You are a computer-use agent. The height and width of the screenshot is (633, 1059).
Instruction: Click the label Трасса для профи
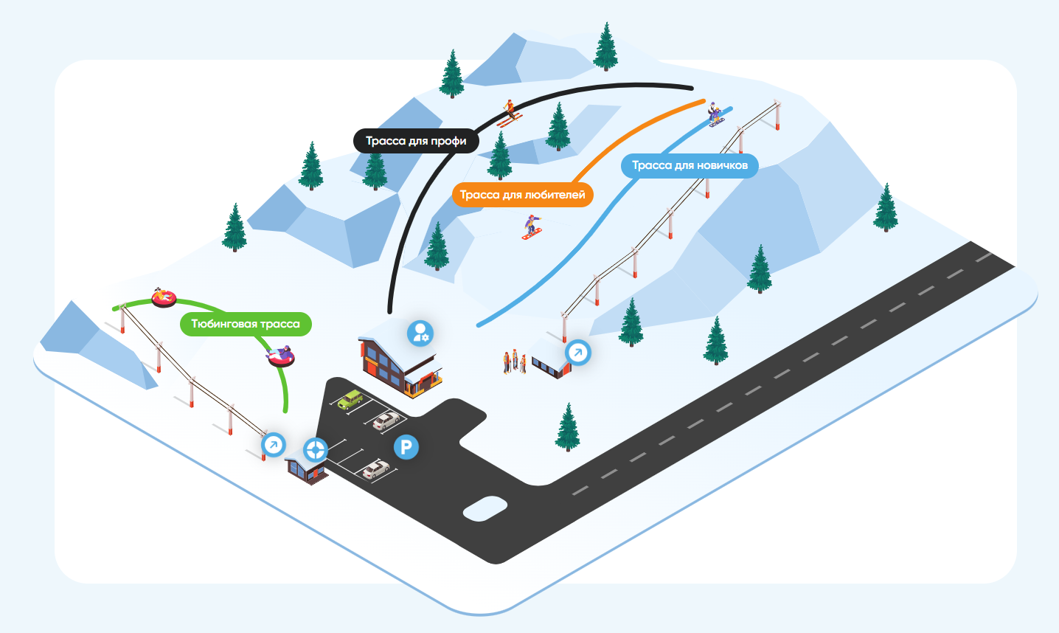coord(416,141)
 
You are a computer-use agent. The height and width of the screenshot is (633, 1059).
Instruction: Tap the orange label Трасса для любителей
coord(522,195)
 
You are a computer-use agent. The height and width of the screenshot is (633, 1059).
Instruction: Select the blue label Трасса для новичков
coord(690,165)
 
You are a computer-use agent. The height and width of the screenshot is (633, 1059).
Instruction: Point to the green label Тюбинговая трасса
coord(246,324)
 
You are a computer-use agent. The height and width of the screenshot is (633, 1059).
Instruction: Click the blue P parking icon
coord(406,446)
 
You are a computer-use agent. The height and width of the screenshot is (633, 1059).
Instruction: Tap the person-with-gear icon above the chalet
coord(420,333)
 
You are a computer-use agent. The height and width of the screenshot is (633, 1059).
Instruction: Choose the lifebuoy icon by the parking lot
coord(316,449)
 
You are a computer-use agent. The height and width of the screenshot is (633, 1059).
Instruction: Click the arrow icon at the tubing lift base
coord(274,445)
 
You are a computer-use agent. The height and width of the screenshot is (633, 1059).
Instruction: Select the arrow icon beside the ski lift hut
coord(577,353)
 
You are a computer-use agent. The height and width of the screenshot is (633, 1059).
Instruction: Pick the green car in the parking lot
coord(350,399)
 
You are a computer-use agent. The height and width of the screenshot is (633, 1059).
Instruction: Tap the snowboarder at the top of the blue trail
coord(715,114)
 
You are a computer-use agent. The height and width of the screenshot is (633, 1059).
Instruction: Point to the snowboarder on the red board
coord(532,226)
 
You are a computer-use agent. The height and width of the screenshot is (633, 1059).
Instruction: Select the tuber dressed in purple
coord(281,356)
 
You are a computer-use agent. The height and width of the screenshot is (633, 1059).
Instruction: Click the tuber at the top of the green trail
coord(163,297)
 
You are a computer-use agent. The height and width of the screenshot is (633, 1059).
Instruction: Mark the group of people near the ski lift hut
coord(514,362)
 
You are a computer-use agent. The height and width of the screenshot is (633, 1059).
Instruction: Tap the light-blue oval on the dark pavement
coord(485,509)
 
